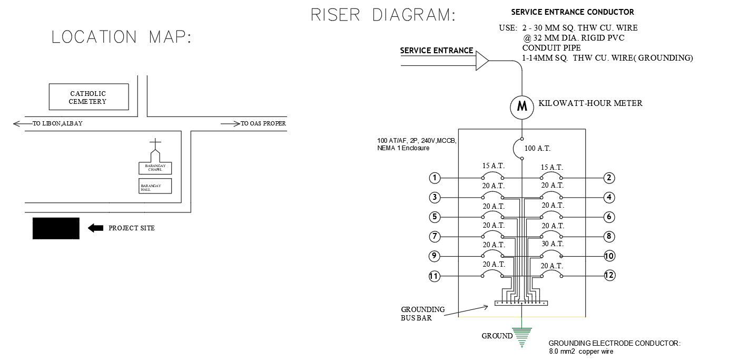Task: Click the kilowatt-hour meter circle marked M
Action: (522, 106)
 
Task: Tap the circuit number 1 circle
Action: (435, 178)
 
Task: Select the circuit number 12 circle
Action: (609, 275)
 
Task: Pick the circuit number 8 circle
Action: (609, 237)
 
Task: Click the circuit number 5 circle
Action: (435, 217)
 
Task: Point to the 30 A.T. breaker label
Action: (553, 244)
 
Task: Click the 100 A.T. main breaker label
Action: (537, 149)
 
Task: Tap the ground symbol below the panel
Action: (521, 337)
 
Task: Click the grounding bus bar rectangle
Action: (521, 303)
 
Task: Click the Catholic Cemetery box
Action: (88, 97)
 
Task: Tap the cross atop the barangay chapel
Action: (155, 144)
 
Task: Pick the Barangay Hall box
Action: (155, 187)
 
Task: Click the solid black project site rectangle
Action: (56, 228)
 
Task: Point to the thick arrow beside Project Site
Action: (95, 228)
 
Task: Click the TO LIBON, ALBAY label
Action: (57, 124)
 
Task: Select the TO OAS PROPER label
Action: (263, 124)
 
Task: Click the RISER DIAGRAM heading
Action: (383, 15)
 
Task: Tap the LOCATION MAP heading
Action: (122, 37)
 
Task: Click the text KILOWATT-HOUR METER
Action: (590, 103)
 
